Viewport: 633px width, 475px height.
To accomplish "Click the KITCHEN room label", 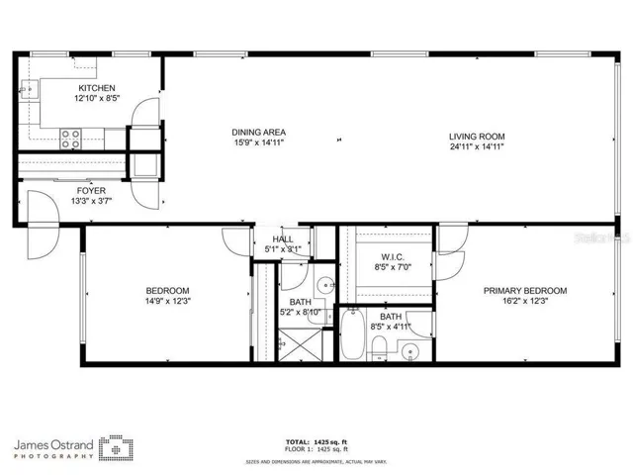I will pyautogui.click(x=96, y=88).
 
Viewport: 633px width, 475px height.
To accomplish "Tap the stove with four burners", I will pyautogui.click(x=71, y=139).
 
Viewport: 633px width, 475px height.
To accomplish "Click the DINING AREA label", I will pyautogui.click(x=259, y=132).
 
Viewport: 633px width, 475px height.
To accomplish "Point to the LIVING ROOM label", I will pyautogui.click(x=477, y=137).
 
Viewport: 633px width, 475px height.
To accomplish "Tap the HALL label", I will pyautogui.click(x=283, y=239).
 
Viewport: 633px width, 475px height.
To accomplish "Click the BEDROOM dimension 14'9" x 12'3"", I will pyautogui.click(x=166, y=301).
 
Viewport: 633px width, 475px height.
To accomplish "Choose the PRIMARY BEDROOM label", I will pyautogui.click(x=524, y=290).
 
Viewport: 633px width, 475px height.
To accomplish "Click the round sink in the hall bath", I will pyautogui.click(x=325, y=285).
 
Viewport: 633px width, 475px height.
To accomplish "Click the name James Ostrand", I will pyautogui.click(x=55, y=442).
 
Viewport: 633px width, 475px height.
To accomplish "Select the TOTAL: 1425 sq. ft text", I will pyautogui.click(x=316, y=440).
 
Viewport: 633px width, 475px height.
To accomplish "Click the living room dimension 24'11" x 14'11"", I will pyautogui.click(x=477, y=146).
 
